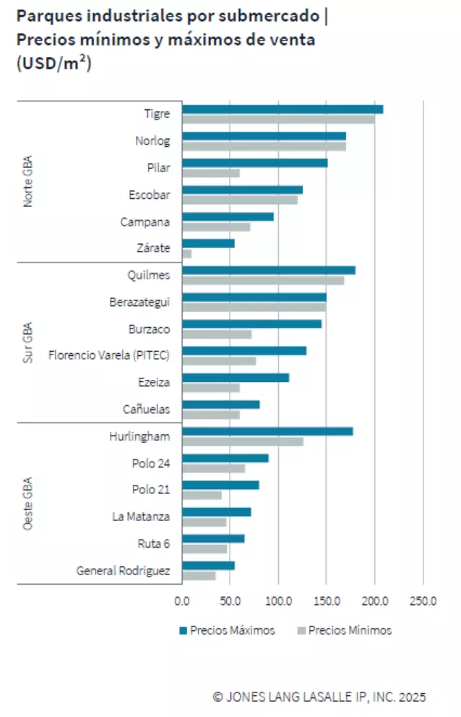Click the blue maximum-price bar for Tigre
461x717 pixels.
283,109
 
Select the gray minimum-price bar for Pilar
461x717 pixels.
211,173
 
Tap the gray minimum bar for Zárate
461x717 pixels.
187,253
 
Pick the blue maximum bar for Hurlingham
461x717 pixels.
267,431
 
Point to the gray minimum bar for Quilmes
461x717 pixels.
263,280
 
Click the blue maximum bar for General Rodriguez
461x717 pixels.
208,566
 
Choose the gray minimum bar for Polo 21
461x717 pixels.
202,495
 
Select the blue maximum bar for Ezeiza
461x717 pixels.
236,378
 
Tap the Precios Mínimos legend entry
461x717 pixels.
344,630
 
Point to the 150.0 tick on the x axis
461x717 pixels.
326,600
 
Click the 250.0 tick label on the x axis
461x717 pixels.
423,600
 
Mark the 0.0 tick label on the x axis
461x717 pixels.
182,600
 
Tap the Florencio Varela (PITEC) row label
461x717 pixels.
109,355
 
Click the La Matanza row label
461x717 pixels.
141,517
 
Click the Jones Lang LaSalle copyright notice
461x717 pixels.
319,697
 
